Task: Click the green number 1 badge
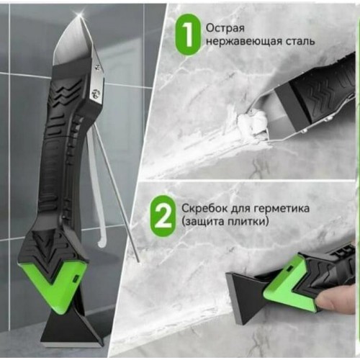click(188, 35)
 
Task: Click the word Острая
click(225, 28)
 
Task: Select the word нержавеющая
click(243, 42)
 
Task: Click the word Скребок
click(204, 208)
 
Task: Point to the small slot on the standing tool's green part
click(75, 279)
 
